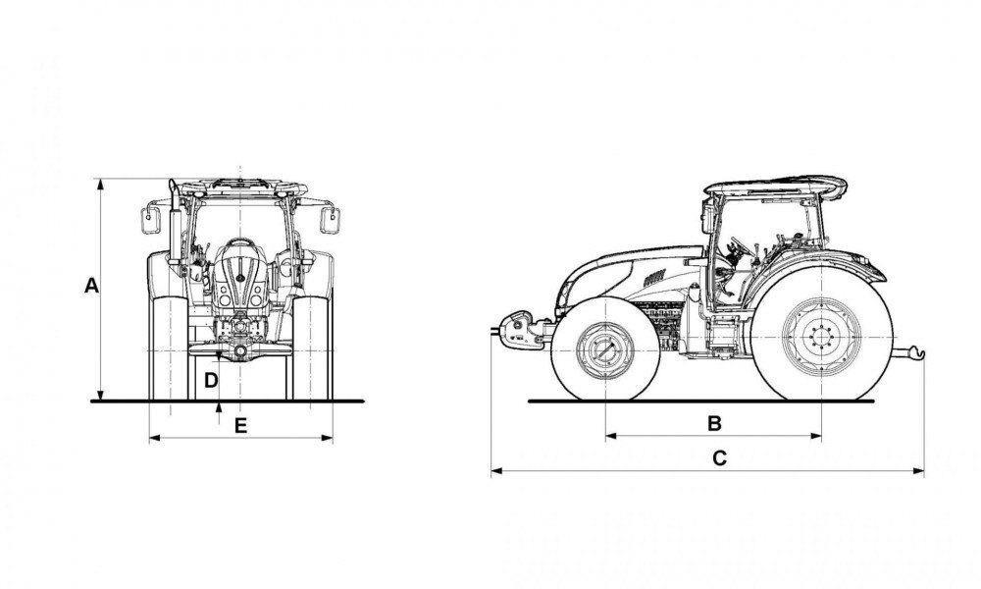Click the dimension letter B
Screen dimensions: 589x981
pos(715,423)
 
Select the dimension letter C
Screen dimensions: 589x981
pos(719,458)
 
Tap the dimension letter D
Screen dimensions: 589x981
pos(211,379)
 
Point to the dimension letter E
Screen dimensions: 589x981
pos(240,425)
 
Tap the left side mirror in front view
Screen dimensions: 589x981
pos(152,218)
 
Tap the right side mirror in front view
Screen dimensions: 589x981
pos(334,218)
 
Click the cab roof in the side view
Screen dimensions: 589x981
pos(775,187)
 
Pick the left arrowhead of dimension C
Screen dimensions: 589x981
pos(494,472)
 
